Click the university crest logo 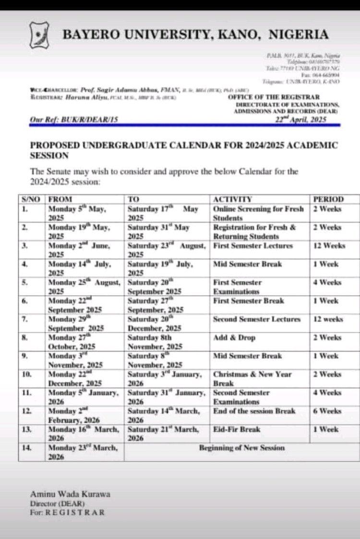(x=41, y=34)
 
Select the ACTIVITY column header (x=232, y=199)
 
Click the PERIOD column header (x=328, y=199)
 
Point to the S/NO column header (x=31, y=199)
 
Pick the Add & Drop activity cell (x=234, y=337)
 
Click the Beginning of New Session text (x=242, y=448)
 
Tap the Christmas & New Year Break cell (x=252, y=379)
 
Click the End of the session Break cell (x=254, y=411)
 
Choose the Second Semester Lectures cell (x=256, y=319)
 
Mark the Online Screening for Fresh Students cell (x=258, y=214)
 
